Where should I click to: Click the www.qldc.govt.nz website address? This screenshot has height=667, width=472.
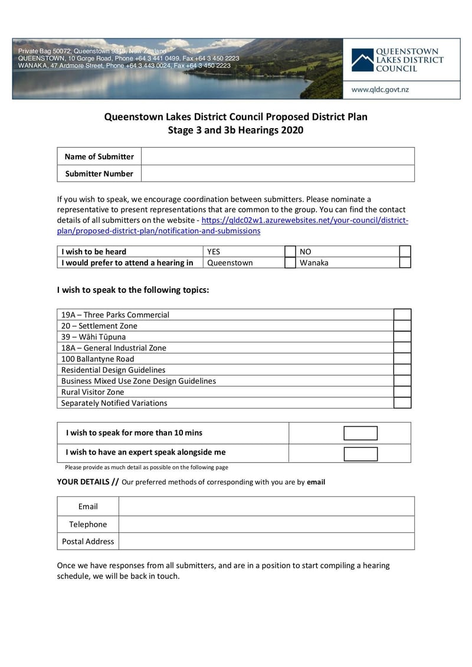tap(380, 90)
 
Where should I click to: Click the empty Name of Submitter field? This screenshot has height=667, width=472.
tap(277, 156)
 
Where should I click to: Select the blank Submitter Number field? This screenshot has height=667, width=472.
tap(277, 174)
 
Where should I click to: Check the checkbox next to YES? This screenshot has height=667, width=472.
tap(290, 251)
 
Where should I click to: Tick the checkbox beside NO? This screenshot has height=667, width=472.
tap(405, 251)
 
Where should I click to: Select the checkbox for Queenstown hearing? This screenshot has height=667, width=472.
tap(290, 263)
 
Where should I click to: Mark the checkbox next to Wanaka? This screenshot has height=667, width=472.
tap(405, 263)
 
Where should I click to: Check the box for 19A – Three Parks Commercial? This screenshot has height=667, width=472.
tap(402, 315)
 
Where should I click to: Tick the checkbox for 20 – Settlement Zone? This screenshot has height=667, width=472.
tap(402, 326)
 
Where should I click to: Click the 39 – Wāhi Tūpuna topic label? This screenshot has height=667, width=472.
tap(93, 337)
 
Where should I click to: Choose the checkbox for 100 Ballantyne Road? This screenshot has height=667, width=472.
tap(402, 359)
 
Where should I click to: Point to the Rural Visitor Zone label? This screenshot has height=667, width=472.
tap(93, 392)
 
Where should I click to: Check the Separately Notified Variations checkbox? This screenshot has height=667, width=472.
tap(402, 403)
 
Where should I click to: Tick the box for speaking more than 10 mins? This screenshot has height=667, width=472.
tap(360, 433)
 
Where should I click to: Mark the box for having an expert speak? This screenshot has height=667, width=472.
tap(360, 453)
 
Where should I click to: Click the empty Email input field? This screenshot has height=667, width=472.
tap(266, 506)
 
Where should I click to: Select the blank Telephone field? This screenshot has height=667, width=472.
tap(266, 524)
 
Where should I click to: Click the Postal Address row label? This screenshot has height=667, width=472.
tap(88, 541)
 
